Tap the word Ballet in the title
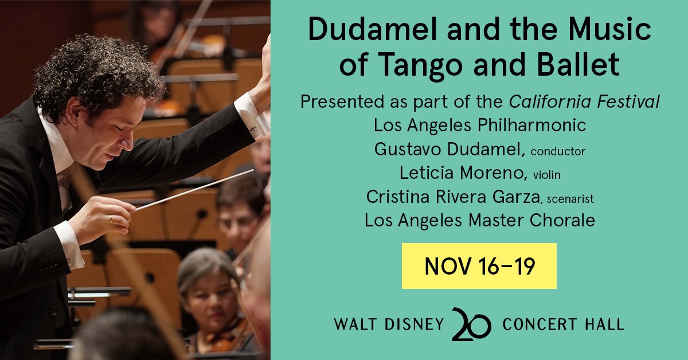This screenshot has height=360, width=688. [x=578, y=64]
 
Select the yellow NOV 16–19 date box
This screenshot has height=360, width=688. [x=479, y=266]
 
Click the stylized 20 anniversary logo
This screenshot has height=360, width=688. [x=471, y=324]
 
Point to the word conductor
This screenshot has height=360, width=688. [x=558, y=151]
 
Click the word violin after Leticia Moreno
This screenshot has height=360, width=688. [x=547, y=175]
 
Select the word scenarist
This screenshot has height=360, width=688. [x=570, y=199]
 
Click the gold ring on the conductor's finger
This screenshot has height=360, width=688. [x=111, y=219]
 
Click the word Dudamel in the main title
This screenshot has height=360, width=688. [x=372, y=29]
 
